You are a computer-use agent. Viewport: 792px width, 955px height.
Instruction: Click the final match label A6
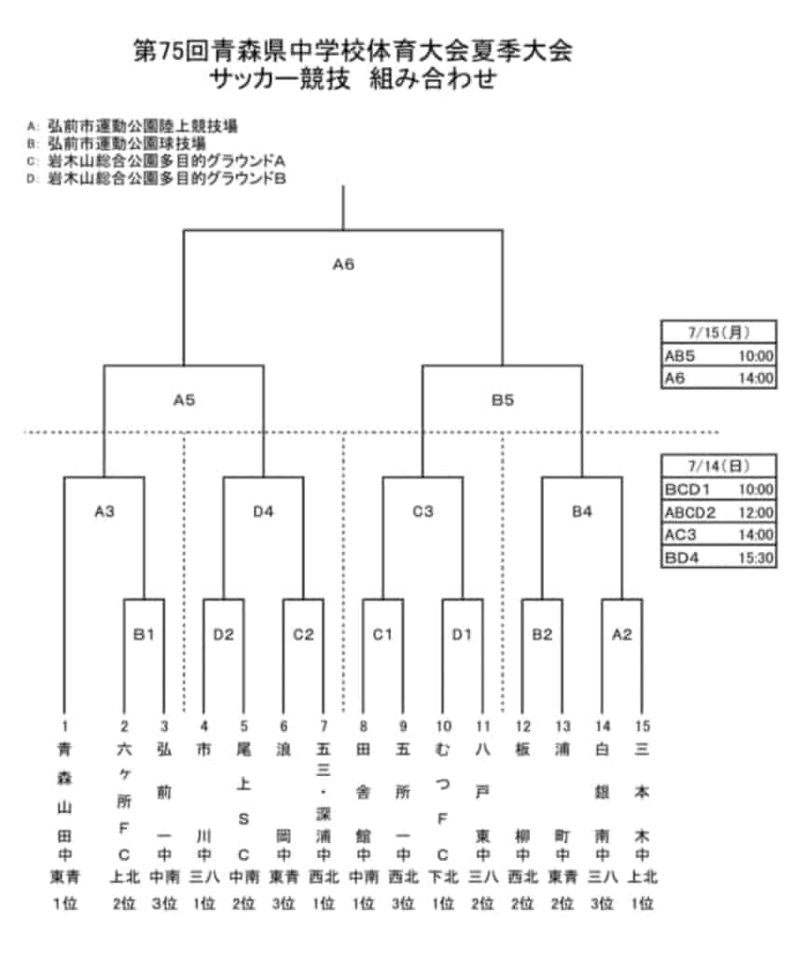[343, 264]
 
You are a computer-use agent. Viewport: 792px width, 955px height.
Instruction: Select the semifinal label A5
[184, 400]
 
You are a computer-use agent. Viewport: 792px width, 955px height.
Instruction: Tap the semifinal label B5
[503, 400]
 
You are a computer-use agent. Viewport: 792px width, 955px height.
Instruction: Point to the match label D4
[263, 512]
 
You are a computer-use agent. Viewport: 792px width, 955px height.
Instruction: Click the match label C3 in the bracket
[423, 512]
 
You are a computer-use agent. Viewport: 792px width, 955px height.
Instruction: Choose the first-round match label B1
[144, 634]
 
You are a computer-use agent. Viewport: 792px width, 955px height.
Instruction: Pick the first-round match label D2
[224, 634]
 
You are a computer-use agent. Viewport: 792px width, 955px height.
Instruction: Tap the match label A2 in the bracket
[622, 634]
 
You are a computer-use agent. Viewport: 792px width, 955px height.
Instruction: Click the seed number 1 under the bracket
[64, 726]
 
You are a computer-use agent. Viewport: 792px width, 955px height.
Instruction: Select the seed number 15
[642, 726]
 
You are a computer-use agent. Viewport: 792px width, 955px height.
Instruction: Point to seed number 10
[443, 726]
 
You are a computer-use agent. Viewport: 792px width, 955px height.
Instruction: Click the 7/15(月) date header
[719, 333]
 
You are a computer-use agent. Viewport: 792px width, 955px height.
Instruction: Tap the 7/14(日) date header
[719, 466]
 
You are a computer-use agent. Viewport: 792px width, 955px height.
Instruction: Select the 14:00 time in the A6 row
[756, 379]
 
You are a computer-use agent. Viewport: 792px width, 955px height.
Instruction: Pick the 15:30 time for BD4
[756, 558]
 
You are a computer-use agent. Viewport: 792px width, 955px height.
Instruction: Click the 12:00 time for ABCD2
[756, 512]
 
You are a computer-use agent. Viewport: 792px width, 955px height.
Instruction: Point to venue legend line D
[157, 178]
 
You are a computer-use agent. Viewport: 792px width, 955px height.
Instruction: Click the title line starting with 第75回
[353, 50]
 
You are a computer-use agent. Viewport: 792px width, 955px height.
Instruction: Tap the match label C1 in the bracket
[382, 634]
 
